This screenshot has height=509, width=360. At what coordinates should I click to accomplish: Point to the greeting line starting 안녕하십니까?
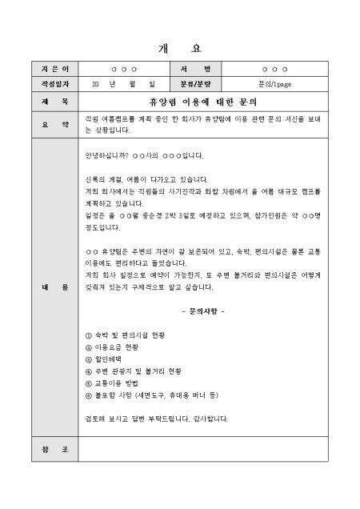pos(144,154)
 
